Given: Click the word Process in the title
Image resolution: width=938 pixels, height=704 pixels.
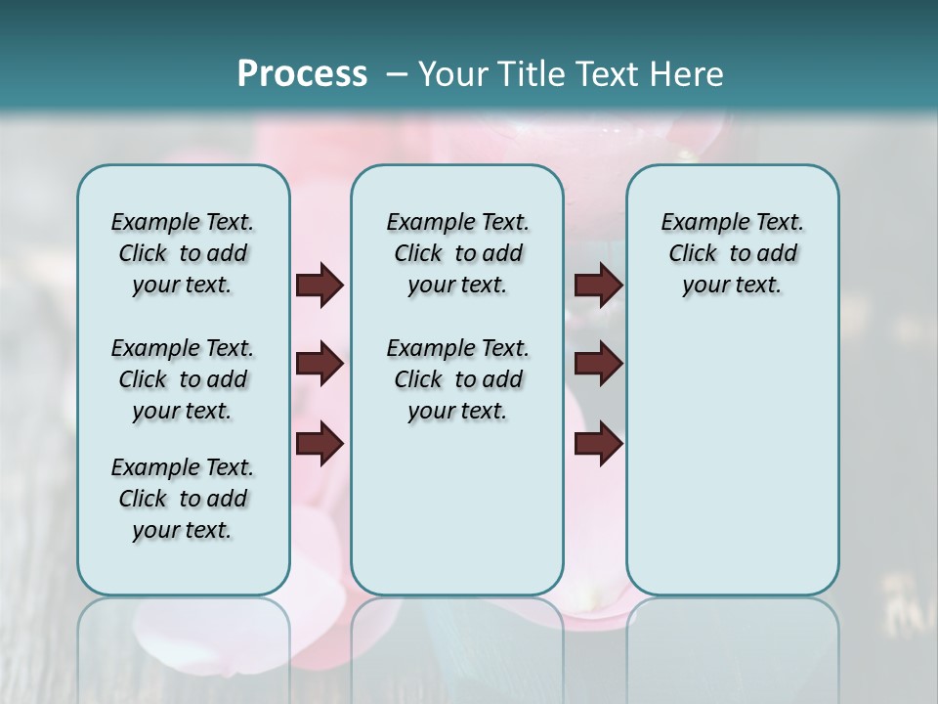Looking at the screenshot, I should click(x=302, y=73).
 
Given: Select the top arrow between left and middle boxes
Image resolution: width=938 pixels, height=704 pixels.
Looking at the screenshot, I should click(x=320, y=286).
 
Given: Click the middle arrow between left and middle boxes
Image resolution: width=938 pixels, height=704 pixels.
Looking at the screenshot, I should click(x=320, y=365).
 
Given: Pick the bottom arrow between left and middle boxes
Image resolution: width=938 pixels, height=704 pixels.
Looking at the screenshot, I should click(x=320, y=444).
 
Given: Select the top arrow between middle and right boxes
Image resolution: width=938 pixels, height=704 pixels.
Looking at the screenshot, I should click(x=598, y=286).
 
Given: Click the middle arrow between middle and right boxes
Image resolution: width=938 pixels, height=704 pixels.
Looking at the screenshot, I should click(x=598, y=365).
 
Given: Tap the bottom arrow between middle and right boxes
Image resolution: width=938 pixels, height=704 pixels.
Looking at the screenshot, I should click(x=598, y=444).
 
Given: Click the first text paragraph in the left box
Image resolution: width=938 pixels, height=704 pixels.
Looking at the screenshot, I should click(x=183, y=253).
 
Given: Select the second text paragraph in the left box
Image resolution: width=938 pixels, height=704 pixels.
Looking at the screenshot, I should click(x=183, y=379).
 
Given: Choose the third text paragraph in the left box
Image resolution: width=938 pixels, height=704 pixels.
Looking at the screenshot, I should click(x=183, y=499).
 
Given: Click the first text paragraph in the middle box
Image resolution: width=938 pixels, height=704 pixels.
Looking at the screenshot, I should click(x=457, y=253).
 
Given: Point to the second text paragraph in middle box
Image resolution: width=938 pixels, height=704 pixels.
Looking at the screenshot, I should click(x=457, y=379).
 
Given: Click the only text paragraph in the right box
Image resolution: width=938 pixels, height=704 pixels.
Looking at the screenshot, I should click(x=732, y=253).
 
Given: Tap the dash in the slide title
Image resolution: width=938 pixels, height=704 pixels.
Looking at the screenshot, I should click(x=397, y=75).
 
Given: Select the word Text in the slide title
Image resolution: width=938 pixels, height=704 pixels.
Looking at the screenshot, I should click(x=608, y=74).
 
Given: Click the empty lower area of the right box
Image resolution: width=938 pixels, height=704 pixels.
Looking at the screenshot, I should click(x=732, y=460).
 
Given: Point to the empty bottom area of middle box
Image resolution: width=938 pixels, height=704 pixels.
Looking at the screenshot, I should click(x=457, y=518).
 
